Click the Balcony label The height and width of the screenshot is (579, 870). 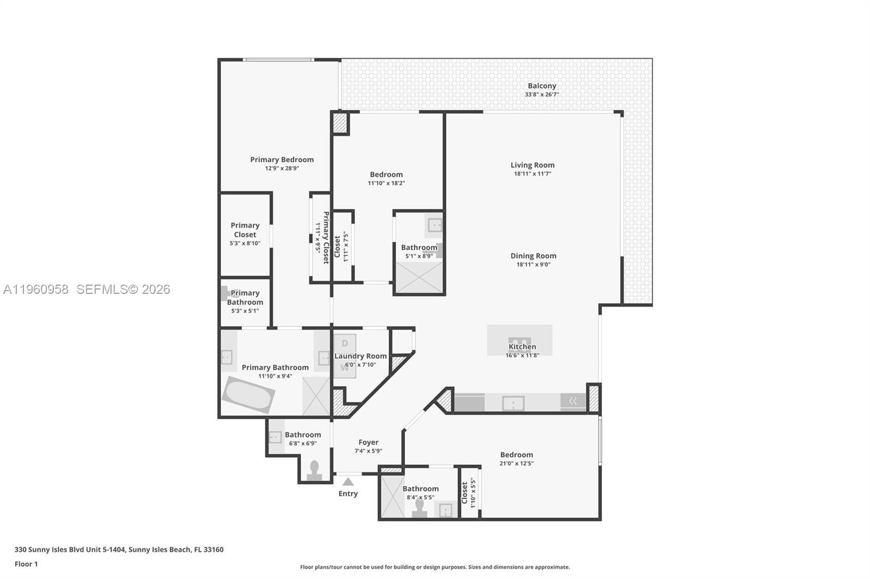[542, 86]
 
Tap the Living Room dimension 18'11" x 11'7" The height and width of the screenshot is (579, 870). [532, 174]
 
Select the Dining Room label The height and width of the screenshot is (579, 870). [533, 256]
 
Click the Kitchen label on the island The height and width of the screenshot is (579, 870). [522, 347]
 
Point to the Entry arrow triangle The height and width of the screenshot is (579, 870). [348, 482]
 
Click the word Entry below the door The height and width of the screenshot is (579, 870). [348, 494]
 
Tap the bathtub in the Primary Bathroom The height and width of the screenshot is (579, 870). [248, 395]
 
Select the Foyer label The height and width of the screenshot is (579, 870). [368, 443]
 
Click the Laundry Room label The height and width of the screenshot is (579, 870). [361, 356]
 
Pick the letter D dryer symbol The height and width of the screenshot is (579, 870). [344, 344]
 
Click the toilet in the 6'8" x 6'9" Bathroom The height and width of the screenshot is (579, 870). [314, 471]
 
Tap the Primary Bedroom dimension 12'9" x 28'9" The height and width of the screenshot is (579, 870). [282, 168]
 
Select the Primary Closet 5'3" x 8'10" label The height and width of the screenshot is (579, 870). [245, 230]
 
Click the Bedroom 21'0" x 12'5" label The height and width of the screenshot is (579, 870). [517, 455]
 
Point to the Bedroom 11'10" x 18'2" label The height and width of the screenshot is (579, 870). [386, 175]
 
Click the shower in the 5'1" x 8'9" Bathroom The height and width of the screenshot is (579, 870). [419, 278]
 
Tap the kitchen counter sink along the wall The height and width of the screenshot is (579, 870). [513, 403]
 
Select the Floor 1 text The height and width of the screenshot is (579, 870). [26, 564]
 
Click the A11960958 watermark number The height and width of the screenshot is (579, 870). [36, 289]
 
